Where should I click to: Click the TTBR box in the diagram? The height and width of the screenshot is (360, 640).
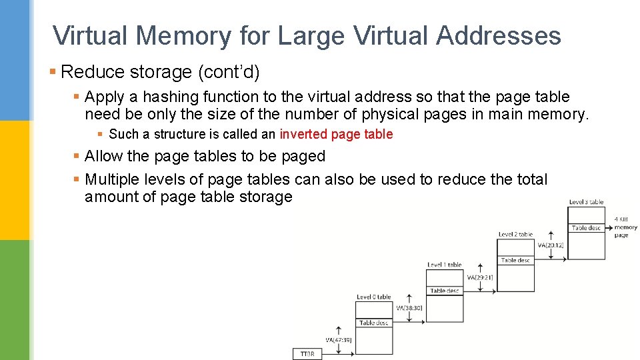click(x=307, y=353)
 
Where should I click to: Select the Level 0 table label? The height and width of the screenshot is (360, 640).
click(x=373, y=297)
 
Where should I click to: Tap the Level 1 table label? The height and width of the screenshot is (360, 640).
click(x=444, y=265)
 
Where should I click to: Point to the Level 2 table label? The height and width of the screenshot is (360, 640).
click(x=515, y=234)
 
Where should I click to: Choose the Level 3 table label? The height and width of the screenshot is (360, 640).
click(x=586, y=202)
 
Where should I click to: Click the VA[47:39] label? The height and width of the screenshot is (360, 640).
click(x=339, y=340)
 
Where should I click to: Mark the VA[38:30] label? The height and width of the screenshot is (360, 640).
click(x=409, y=308)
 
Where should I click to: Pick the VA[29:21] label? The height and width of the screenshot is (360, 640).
click(x=480, y=277)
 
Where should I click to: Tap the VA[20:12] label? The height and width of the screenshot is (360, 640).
click(x=551, y=245)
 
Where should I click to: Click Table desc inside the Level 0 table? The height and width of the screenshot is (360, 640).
click(x=373, y=323)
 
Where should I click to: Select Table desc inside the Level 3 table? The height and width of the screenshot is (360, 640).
click(x=586, y=228)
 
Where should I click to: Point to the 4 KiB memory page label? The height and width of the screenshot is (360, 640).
click(x=625, y=227)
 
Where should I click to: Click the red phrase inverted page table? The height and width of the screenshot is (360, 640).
click(x=336, y=134)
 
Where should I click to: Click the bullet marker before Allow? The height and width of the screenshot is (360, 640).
click(x=77, y=157)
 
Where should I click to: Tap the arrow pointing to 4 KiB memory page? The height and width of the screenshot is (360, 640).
click(x=609, y=227)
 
